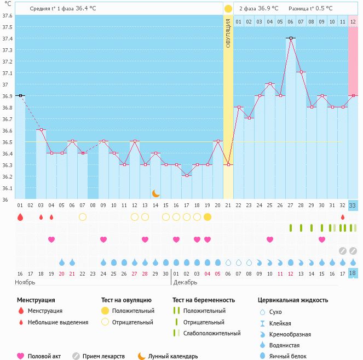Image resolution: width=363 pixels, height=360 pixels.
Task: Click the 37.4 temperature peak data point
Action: (x=291, y=38)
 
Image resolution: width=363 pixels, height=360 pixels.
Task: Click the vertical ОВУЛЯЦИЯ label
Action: (x=228, y=32)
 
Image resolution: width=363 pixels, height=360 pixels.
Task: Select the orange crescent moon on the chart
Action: (x=156, y=193)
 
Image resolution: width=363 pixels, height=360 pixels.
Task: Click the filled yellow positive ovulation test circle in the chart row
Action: (x=208, y=217)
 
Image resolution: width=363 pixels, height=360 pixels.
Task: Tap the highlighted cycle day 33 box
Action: (x=353, y=205)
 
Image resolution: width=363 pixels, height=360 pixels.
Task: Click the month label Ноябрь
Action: (x=25, y=282)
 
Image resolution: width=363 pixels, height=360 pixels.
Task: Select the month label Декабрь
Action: (x=185, y=282)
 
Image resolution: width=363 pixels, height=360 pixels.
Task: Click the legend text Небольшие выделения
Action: (x=58, y=322)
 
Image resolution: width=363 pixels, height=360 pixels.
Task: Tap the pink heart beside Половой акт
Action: (x=21, y=356)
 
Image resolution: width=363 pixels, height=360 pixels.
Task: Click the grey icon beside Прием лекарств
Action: (x=76, y=356)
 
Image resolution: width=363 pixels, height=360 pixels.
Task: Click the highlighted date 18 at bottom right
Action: (x=353, y=273)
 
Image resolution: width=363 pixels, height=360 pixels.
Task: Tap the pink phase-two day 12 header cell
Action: (x=353, y=21)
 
